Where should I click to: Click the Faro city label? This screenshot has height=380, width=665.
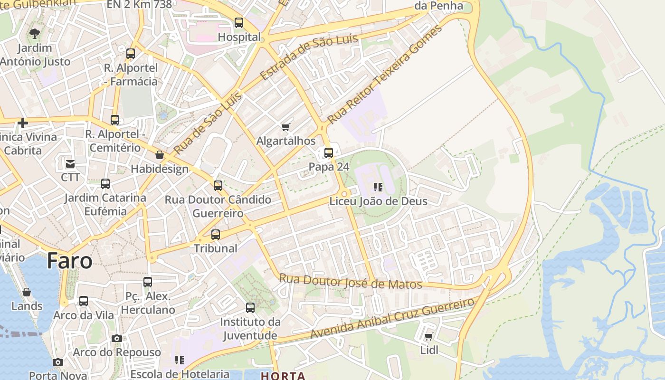tap(69, 261)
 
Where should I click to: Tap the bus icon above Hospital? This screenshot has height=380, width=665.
tap(239, 22)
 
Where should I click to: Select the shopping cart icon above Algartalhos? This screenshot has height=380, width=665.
tap(285, 127)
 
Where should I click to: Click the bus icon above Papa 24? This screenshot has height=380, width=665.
tap(329, 153)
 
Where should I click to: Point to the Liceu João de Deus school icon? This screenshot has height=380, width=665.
tap(378, 187)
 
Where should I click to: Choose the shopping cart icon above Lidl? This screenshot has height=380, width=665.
tap(428, 336)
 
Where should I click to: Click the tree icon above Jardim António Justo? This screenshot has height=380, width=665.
tap(34, 33)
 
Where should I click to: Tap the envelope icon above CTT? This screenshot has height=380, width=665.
tap(70, 164)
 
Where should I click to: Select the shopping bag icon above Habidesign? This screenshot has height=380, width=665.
tap(160, 155)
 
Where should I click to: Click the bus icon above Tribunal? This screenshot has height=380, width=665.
tap(216, 234)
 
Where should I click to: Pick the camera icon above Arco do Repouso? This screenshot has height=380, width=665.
tap(116, 338)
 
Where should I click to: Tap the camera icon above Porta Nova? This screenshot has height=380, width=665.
tap(57, 362)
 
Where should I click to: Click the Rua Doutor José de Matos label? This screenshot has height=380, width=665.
tap(351, 281)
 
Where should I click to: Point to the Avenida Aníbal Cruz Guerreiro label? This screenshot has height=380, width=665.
tap(392, 318)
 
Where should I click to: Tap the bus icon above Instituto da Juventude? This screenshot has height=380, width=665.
tap(250, 307)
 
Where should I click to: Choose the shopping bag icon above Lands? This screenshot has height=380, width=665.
tap(27, 292)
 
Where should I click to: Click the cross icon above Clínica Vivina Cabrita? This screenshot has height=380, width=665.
tap(22, 123)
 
